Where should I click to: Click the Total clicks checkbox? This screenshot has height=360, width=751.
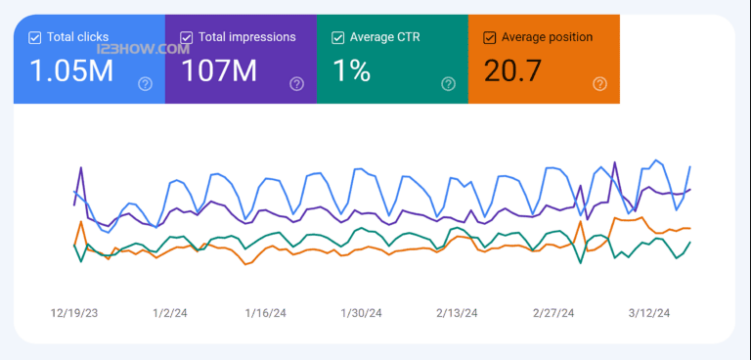coord(35,38)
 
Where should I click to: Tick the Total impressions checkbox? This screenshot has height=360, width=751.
coord(186,38)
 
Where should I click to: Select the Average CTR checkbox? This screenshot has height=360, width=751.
coord(338,38)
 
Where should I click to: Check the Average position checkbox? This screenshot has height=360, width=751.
coord(489,38)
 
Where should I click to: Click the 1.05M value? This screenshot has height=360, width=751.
coord(69,70)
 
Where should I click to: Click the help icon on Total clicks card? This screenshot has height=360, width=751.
coord(146,84)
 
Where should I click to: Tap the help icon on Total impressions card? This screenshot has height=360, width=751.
coord(297,84)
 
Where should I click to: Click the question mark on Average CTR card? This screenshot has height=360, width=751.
coord(449,84)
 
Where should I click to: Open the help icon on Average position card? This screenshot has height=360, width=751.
coord(600,84)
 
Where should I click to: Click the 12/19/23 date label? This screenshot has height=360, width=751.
coord(75,313)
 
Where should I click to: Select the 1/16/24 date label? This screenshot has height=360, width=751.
coord(265,313)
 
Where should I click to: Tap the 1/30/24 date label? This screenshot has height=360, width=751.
coord(361,313)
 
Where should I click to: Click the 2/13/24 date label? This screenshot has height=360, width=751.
coord(457,313)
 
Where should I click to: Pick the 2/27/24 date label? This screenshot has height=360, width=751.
coord(553,313)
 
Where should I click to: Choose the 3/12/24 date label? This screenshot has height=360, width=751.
coord(649,313)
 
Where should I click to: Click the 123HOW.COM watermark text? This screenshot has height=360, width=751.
coord(156,48)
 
